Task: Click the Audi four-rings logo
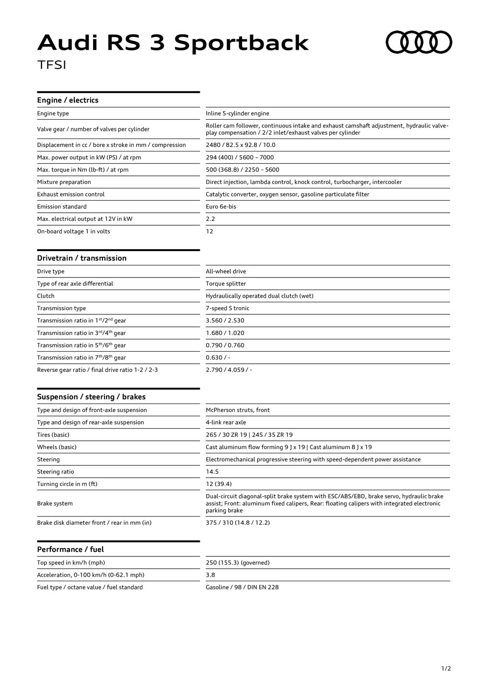(419, 42)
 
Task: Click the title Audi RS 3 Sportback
(173, 43)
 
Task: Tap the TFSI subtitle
(52, 65)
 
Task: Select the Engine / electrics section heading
(68, 100)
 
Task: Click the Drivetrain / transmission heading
(81, 258)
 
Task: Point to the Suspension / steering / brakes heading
(91, 397)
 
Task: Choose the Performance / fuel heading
(70, 550)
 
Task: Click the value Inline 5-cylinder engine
(237, 114)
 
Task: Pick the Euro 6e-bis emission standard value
(221, 207)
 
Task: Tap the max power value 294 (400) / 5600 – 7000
(240, 157)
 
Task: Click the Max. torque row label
(82, 170)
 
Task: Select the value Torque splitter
(226, 284)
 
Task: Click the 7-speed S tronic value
(227, 308)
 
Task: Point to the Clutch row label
(46, 296)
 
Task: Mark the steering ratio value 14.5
(212, 472)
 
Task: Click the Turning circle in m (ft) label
(67, 484)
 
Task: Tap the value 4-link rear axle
(226, 423)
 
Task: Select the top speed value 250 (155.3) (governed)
(237, 563)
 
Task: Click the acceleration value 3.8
(210, 575)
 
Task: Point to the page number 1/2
(446, 668)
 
